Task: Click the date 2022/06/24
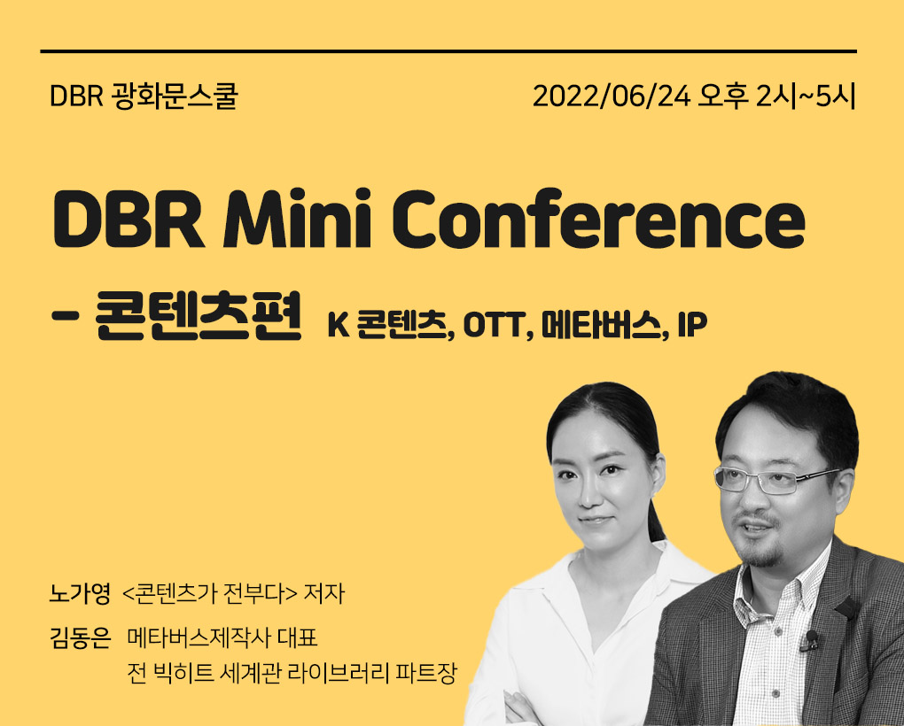pyautogui.click(x=612, y=97)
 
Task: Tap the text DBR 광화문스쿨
pyautogui.click(x=144, y=97)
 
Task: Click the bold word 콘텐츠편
pyautogui.click(x=199, y=316)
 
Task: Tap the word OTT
pyautogui.click(x=495, y=326)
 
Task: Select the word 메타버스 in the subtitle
pyautogui.click(x=601, y=325)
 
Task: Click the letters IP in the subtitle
pyautogui.click(x=692, y=326)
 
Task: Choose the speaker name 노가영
pyautogui.click(x=80, y=594)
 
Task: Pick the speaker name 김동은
pyautogui.click(x=80, y=638)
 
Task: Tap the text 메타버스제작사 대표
pyautogui.click(x=222, y=638)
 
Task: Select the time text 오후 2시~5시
pyautogui.click(x=776, y=97)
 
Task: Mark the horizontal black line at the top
pyautogui.click(x=448, y=51)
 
